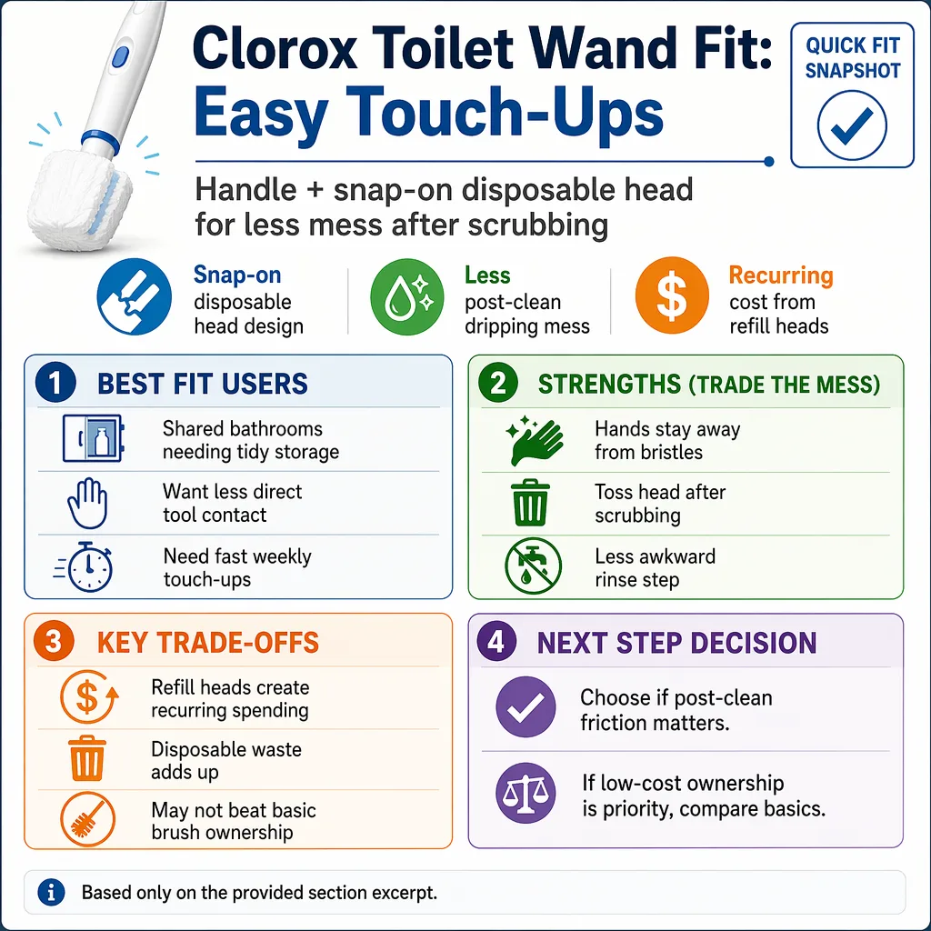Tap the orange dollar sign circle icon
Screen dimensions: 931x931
[x=672, y=295]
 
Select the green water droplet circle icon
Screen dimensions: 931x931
[x=406, y=296]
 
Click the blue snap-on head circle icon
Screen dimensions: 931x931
[x=135, y=296]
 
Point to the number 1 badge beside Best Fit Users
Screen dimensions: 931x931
[x=55, y=383]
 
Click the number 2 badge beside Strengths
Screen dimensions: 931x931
[x=498, y=383]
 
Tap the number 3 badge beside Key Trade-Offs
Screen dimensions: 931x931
[x=54, y=641]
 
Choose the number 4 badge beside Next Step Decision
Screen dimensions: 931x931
[x=496, y=641]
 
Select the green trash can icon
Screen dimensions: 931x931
[x=530, y=503]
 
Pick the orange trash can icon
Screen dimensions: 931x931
[x=86, y=758]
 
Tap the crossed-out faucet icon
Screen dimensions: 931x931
[x=533, y=566]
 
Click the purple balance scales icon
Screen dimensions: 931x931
[x=526, y=793]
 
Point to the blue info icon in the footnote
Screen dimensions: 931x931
[x=51, y=892]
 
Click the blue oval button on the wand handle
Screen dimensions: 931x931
[x=121, y=57]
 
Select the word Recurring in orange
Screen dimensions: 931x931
[x=781, y=275]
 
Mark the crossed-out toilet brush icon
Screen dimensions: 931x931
[x=87, y=819]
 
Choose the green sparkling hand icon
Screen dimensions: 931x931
[x=535, y=441]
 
